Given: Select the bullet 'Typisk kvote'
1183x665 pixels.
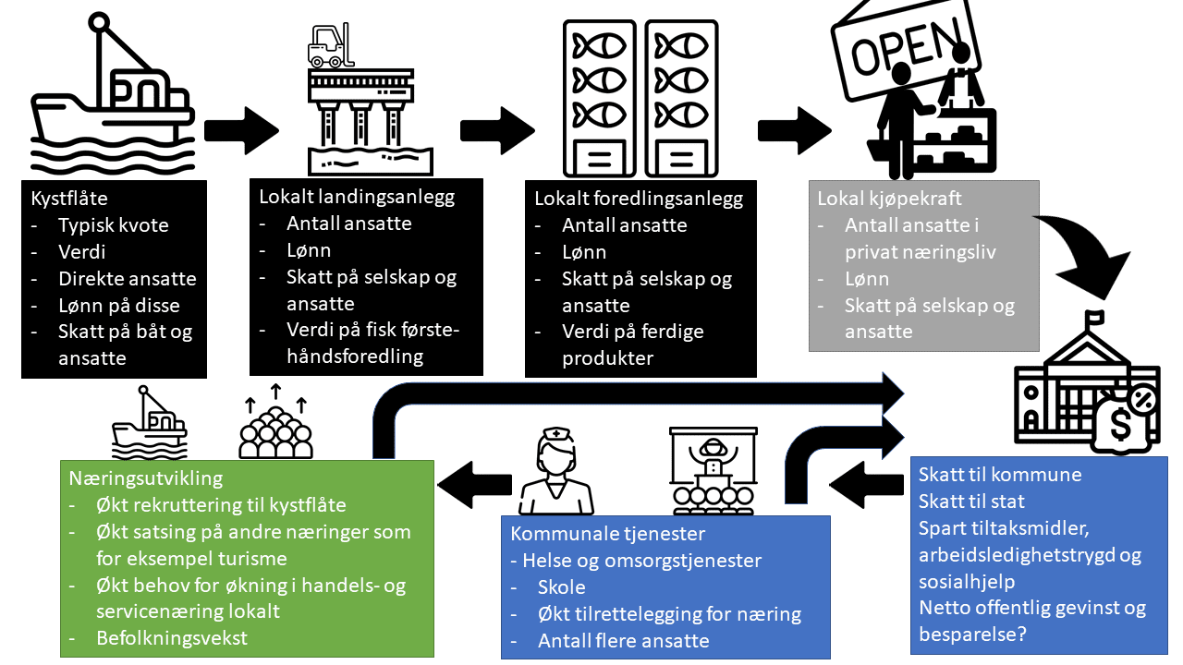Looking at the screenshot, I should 113,225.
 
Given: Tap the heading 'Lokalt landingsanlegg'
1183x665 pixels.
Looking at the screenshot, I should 357,197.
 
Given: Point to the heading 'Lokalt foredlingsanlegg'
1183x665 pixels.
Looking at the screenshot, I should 639,199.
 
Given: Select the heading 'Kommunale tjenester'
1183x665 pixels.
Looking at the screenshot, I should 608,535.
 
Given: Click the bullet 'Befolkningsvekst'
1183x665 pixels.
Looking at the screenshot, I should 171,637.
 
